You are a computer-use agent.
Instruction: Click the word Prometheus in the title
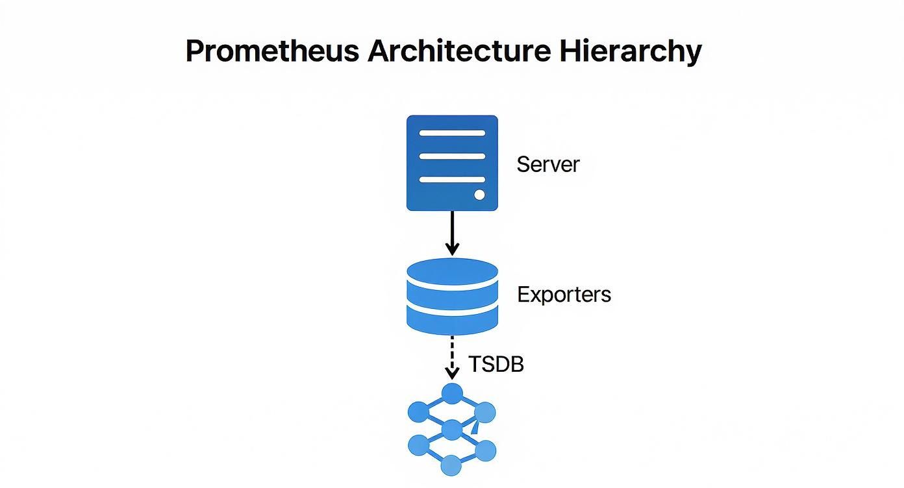[272, 51]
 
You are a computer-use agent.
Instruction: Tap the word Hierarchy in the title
[630, 51]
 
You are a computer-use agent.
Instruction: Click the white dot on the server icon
[479, 194]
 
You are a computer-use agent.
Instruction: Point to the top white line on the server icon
[452, 133]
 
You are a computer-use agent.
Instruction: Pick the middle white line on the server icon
[452, 156]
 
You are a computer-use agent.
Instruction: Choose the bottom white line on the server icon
[452, 179]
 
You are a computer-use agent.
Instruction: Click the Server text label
[547, 164]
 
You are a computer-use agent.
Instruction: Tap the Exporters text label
[564, 295]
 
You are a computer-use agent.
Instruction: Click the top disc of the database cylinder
[452, 271]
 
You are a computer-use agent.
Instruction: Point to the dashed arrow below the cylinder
[452, 358]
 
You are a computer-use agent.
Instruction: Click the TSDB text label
[496, 365]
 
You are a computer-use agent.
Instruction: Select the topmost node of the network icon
[452, 393]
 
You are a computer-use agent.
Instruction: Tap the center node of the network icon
[451, 430]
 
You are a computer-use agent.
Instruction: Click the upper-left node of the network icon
[418, 411]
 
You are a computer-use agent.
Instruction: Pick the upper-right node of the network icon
[485, 411]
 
